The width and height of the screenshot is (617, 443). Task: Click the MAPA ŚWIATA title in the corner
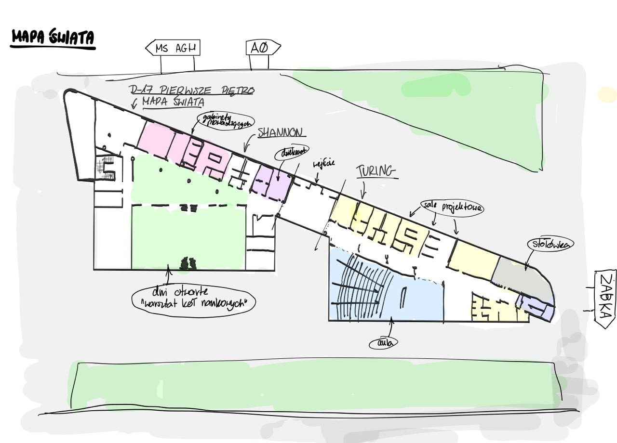point(53,38)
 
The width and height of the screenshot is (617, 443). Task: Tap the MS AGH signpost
point(173,48)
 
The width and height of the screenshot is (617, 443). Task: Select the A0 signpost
point(263,48)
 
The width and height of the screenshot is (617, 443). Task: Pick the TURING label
point(376,171)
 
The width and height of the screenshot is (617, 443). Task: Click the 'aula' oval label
point(384,343)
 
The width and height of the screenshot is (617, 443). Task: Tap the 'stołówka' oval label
point(550,244)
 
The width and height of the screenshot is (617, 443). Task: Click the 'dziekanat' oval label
point(291,153)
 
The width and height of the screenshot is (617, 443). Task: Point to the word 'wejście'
point(324,164)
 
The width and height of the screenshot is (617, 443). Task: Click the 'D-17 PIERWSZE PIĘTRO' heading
point(192,90)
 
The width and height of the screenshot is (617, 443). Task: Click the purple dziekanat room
point(272,181)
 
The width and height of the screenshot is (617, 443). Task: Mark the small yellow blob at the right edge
point(607,94)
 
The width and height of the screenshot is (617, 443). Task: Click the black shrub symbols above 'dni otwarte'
point(188,263)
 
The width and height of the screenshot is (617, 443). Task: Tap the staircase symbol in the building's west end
point(107,167)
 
